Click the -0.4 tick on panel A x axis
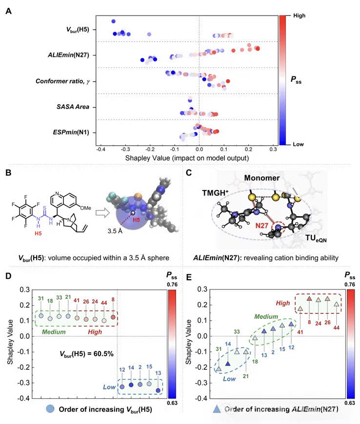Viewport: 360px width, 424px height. [x=100, y=148]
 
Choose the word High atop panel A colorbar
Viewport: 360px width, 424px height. [x=300, y=16]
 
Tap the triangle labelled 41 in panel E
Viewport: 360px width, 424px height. [x=300, y=309]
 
